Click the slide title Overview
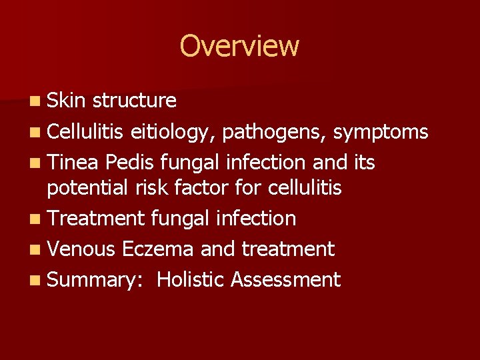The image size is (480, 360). (239, 46)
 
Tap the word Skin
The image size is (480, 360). (67, 101)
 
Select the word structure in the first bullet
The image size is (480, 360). (135, 101)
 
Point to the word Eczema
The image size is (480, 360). (157, 249)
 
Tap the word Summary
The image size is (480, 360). (87, 279)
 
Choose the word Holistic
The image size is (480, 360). (191, 279)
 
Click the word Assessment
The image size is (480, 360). (285, 279)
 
